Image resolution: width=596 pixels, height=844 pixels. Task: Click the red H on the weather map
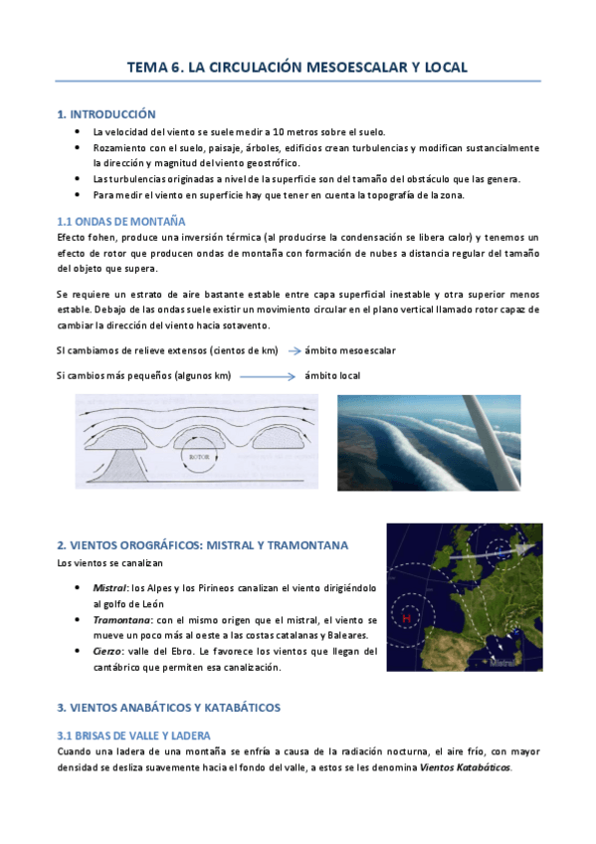tap(406, 618)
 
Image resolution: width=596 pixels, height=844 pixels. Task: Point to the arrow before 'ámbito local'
tap(267, 376)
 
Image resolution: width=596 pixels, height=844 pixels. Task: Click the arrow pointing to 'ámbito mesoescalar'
tap(295, 351)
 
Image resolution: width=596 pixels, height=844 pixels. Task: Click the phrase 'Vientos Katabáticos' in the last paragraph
tap(466, 767)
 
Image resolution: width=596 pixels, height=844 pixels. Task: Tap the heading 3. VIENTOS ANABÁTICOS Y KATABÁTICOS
tap(169, 708)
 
